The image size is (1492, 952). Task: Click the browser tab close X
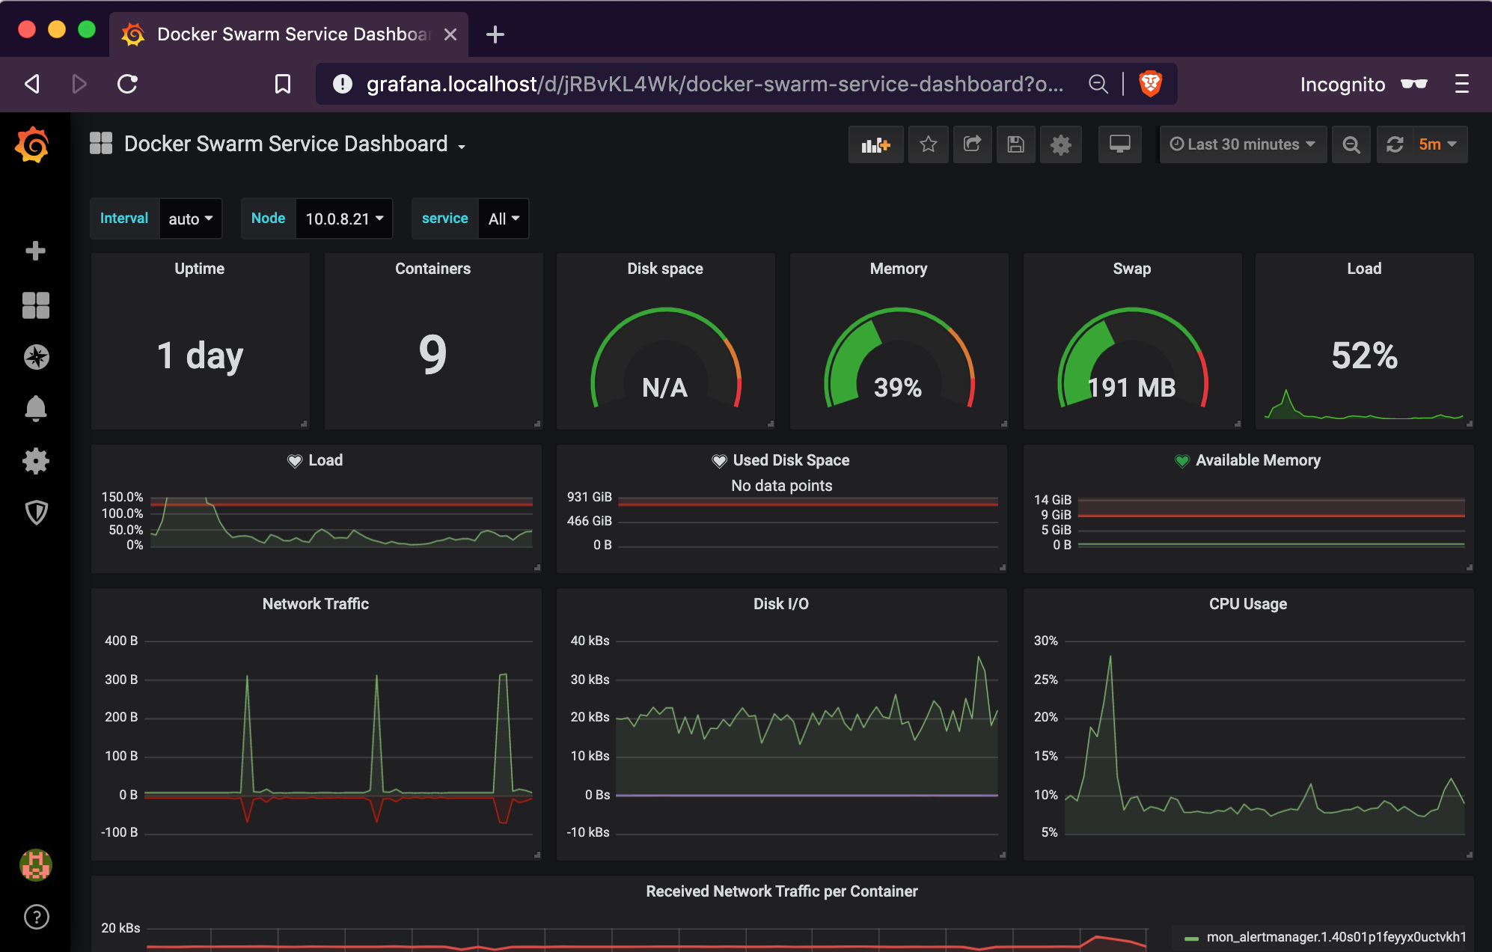point(450,34)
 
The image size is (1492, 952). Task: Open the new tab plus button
point(495,34)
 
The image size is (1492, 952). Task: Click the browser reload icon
point(128,84)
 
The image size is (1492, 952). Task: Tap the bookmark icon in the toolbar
point(282,84)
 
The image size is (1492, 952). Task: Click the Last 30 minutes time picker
point(1242,144)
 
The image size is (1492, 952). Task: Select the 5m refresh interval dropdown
point(1437,144)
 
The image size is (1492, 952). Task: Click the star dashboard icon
point(928,144)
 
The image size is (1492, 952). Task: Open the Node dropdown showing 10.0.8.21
point(343,219)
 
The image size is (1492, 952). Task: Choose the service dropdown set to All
point(503,219)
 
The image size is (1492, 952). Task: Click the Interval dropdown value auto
point(190,219)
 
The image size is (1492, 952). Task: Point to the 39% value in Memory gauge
point(898,387)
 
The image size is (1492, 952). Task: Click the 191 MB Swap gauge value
point(1131,387)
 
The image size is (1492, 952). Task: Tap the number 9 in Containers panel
point(432,355)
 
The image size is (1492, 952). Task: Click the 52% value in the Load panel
point(1364,355)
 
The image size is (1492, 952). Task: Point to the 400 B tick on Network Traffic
point(121,641)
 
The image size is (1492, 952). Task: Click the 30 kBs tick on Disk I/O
point(590,680)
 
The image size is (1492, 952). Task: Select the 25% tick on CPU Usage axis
point(1045,680)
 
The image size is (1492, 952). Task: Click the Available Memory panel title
point(1257,460)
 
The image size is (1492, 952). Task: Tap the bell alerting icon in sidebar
point(36,409)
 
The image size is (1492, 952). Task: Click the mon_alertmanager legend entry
point(1336,937)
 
